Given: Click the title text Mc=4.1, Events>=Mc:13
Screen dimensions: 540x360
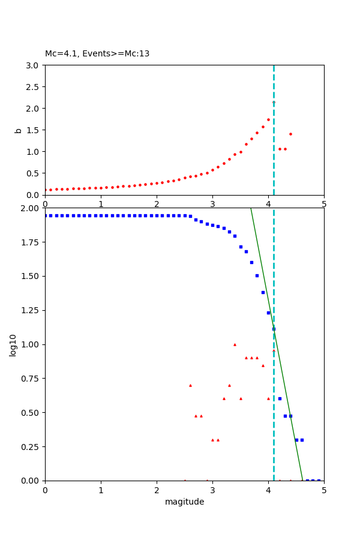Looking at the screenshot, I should (97, 54).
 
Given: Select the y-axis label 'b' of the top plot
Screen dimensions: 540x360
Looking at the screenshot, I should (18, 130).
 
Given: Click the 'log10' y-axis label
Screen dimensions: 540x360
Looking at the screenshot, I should (13, 344).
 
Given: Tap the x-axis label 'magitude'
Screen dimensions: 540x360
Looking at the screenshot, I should (184, 502).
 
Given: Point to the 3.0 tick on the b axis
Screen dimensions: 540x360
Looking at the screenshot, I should (32, 65).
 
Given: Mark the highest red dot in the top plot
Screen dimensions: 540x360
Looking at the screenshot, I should (274, 103).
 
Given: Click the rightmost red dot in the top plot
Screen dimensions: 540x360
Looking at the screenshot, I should (290, 134).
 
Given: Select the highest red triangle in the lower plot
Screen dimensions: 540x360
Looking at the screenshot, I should (235, 344).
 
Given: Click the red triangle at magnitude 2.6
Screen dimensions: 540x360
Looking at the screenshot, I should (190, 385).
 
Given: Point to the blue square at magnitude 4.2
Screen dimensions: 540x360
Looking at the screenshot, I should (280, 398).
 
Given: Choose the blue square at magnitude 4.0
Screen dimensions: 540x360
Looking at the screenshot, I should (268, 313).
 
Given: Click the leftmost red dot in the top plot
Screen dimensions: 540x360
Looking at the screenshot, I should (46, 190).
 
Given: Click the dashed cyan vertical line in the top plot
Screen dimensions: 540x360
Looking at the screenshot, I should (274, 162).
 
